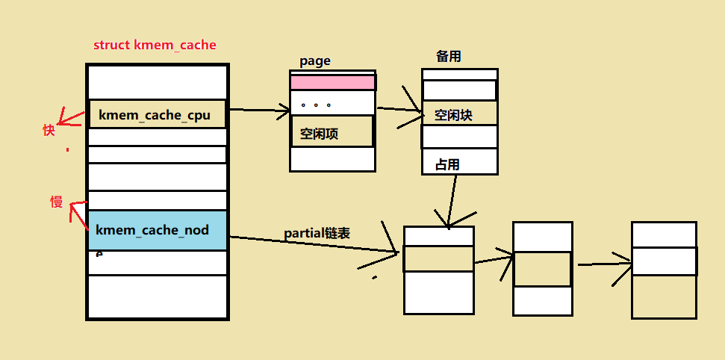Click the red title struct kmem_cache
pos(155,45)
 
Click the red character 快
pos(49,130)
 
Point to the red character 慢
pos(56,202)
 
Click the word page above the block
pos(314,61)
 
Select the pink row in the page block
pos(332,82)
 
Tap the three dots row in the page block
pos(332,104)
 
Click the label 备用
pos(447,58)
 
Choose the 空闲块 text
pos(453,115)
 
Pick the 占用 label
pos(447,164)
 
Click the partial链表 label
pos(317,233)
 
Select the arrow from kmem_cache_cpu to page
pos(258,111)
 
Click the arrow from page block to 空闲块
pos(399,110)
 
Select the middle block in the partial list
pos(542,268)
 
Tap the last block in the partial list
pos(663,270)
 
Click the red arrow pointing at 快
pos(72,117)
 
